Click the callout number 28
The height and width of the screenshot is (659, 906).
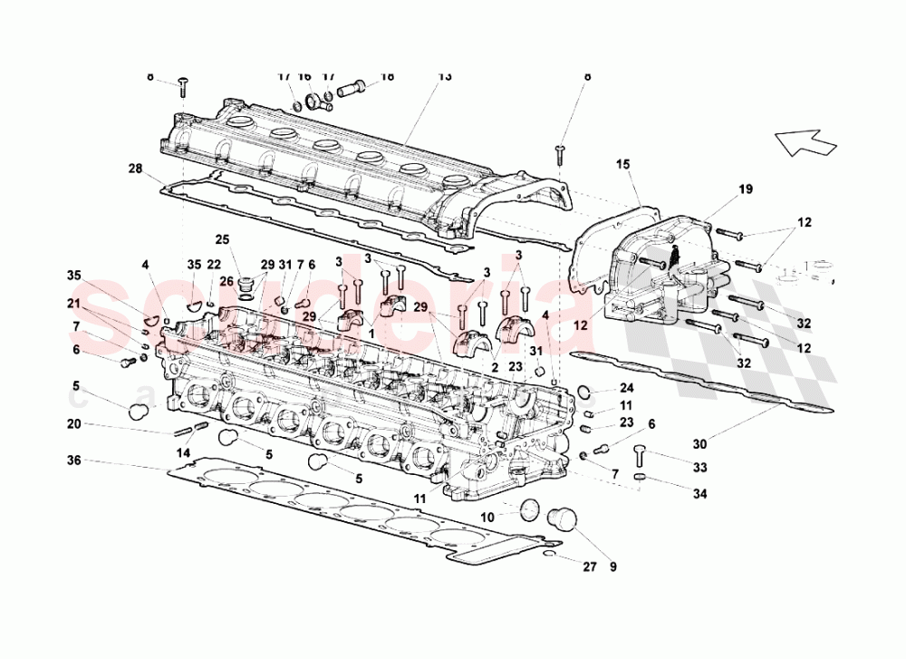click(135, 169)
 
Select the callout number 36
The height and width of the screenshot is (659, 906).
click(74, 461)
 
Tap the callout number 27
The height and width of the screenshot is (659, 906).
click(590, 567)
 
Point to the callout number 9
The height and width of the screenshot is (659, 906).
click(612, 567)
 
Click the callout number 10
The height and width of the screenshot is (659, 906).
click(487, 517)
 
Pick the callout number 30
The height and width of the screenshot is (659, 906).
click(699, 443)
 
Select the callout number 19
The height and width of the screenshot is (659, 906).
click(745, 189)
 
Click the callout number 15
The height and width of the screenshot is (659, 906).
click(623, 164)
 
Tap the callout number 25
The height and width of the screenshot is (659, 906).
click(222, 239)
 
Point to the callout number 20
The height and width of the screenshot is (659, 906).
click(74, 423)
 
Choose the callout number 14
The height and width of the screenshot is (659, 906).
click(183, 451)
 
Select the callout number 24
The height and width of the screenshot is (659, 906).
click(627, 388)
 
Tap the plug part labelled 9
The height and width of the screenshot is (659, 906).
click(564, 519)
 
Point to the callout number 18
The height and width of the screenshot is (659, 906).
click(387, 77)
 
